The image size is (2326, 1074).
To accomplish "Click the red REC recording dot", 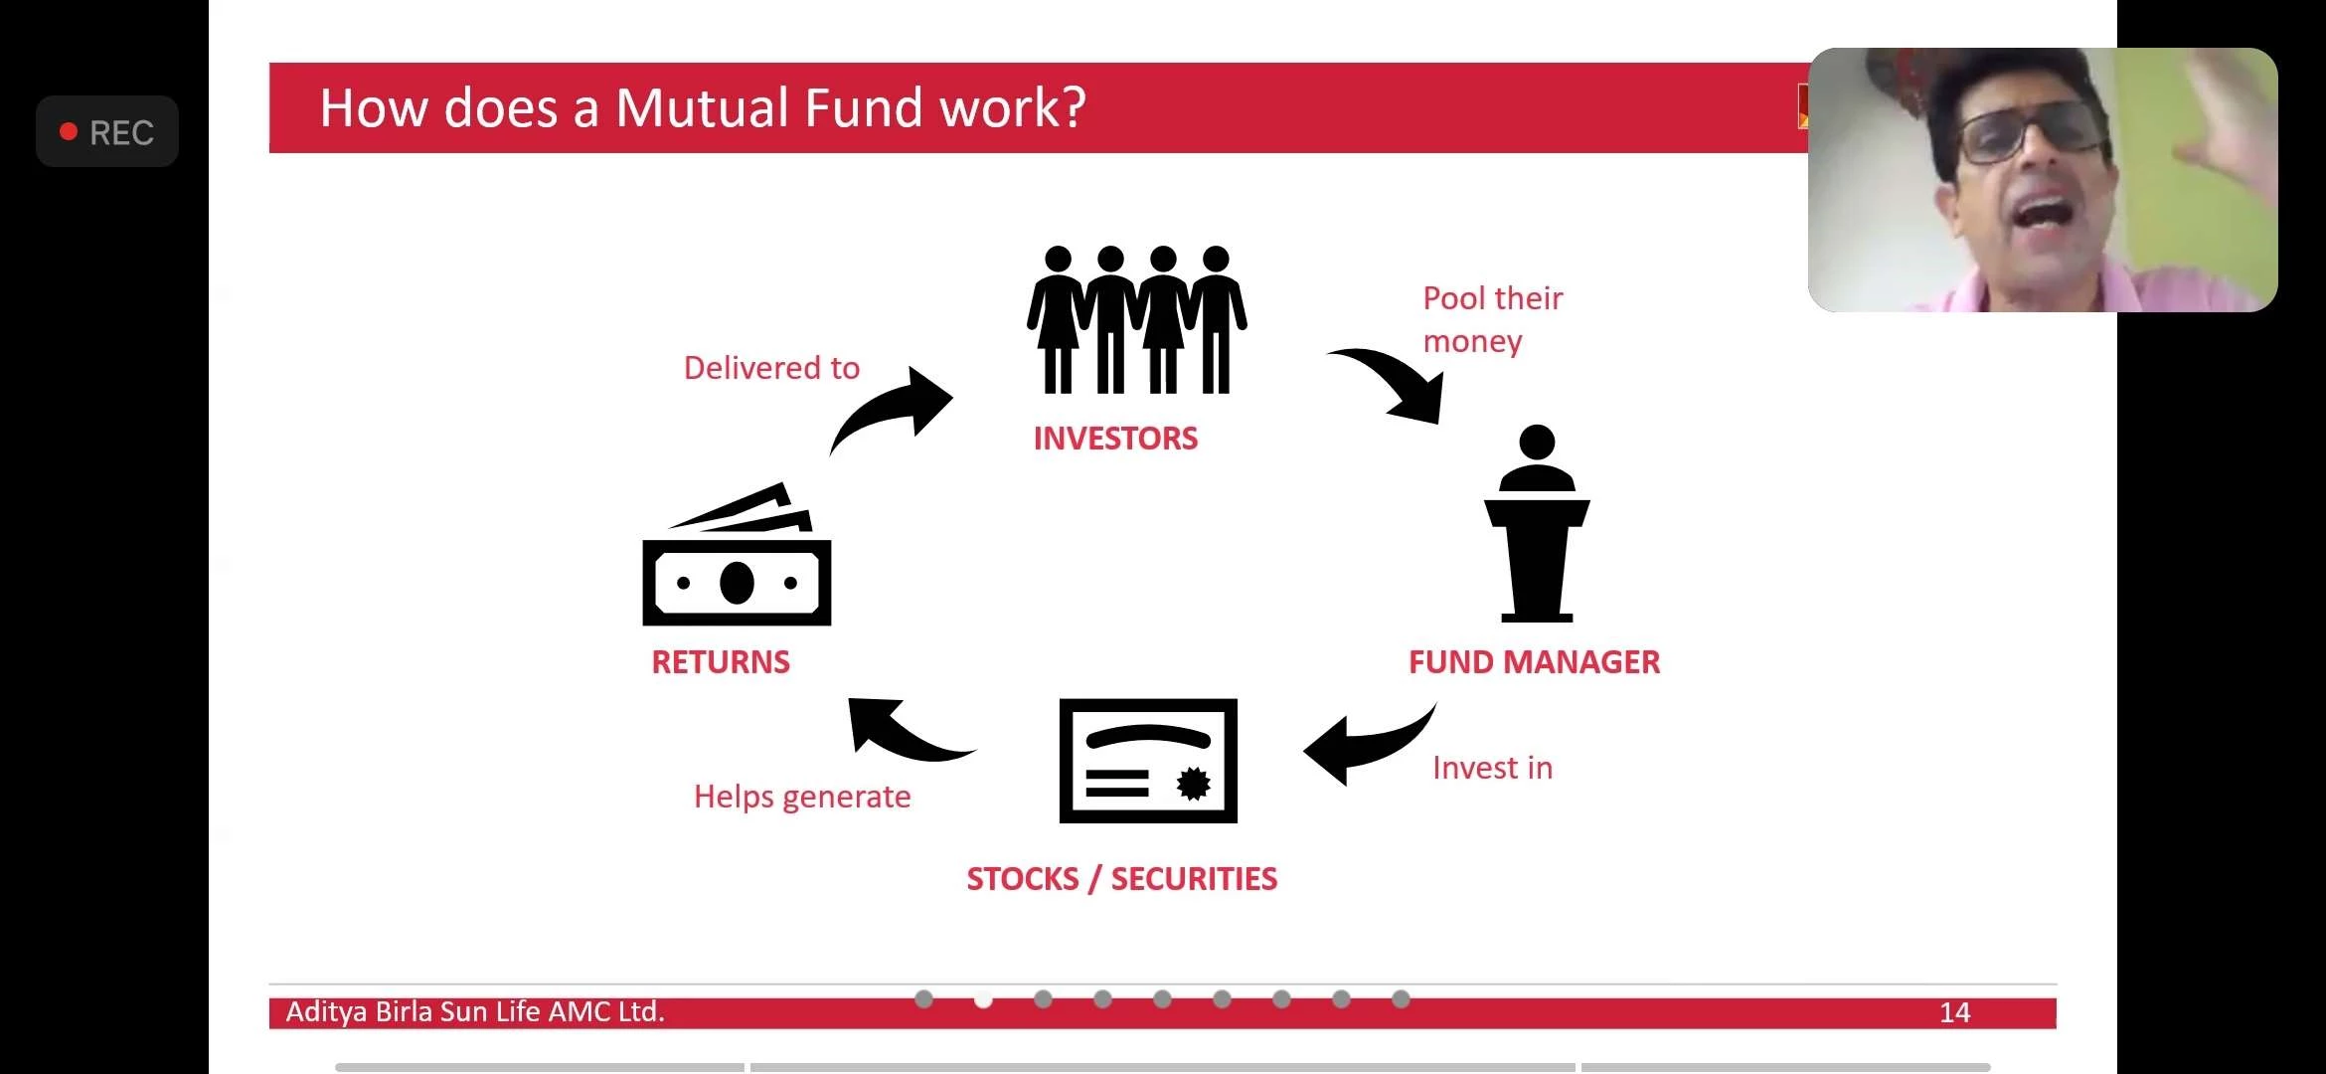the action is [69, 131].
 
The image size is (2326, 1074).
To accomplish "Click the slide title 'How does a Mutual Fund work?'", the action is [702, 107].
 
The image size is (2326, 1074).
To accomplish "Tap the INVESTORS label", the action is [1115, 439].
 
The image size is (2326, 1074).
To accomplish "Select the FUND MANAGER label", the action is [1534, 662].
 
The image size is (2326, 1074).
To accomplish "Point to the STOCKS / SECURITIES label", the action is [1122, 879].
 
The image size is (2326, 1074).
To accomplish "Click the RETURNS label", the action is [721, 662].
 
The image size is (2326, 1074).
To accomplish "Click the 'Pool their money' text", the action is [1493, 319].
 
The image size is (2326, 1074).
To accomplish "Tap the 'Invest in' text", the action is [1492, 768].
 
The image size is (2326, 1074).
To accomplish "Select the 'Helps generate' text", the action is [802, 798].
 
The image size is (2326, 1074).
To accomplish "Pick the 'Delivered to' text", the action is [771, 368].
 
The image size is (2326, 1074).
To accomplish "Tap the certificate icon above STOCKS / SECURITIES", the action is [1148, 761].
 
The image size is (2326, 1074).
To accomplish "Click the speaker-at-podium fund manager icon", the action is [1537, 523].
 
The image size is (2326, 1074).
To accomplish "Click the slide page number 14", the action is [1954, 1013].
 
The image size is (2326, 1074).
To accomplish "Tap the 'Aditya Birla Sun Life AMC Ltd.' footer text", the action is [475, 1012].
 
